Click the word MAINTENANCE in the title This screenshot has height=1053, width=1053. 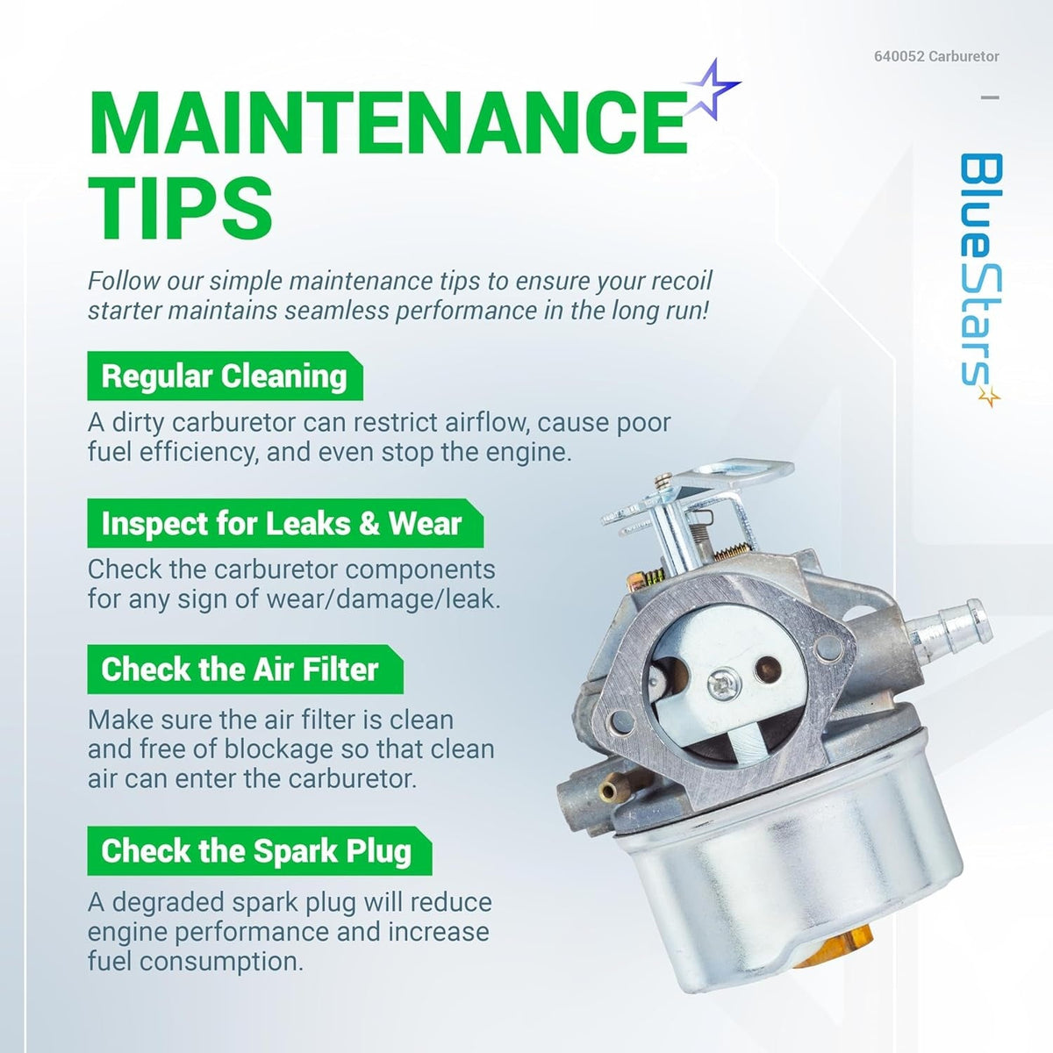pyautogui.click(x=387, y=125)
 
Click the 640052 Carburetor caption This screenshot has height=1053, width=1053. pyautogui.click(x=936, y=56)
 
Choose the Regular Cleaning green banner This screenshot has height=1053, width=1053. pyautogui.click(x=225, y=376)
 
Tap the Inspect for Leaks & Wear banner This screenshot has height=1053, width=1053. pyautogui.click(x=284, y=524)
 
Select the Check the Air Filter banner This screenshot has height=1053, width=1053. pyautogui.click(x=245, y=669)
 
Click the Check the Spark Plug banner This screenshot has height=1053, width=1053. pyautogui.click(x=259, y=851)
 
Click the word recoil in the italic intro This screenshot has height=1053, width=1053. pyautogui.click(x=683, y=281)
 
